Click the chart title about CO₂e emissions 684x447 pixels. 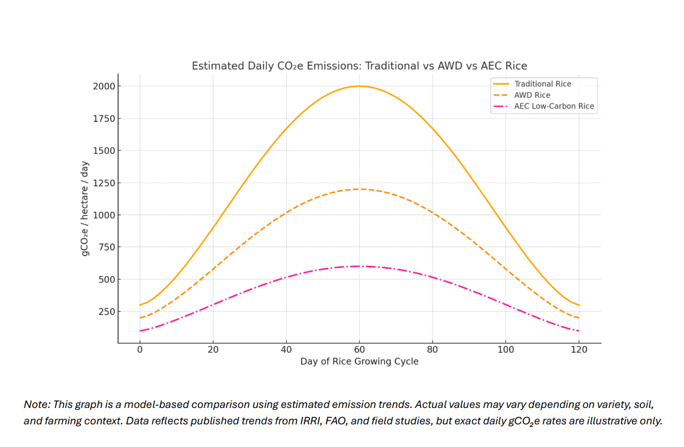click(x=359, y=66)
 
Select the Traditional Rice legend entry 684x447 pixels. click(x=542, y=84)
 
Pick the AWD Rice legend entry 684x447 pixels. click(x=532, y=95)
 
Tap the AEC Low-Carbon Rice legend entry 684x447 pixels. click(x=554, y=106)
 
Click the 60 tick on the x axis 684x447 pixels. click(x=359, y=350)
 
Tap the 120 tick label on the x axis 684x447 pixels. click(x=579, y=350)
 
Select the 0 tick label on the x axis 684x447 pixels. click(x=140, y=350)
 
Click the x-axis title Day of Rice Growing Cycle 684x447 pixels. click(x=359, y=361)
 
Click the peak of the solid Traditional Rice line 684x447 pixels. click(x=359, y=86)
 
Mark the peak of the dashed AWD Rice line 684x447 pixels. click(x=359, y=189)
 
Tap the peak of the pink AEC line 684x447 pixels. click(x=359, y=266)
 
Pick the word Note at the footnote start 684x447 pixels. click(x=35, y=405)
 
